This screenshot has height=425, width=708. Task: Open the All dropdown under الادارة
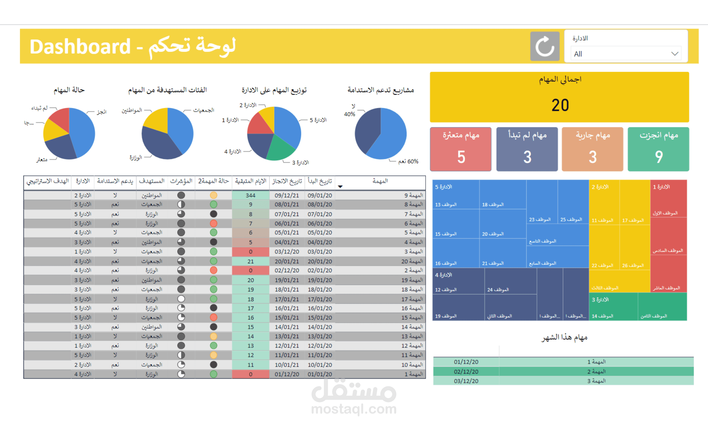[x=626, y=54]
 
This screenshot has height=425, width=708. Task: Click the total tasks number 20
[x=560, y=105]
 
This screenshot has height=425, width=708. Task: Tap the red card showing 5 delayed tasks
[x=460, y=149]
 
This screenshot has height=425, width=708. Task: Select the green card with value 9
[x=658, y=149]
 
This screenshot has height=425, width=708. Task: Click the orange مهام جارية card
[x=592, y=149]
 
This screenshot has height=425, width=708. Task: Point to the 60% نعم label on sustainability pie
[x=408, y=161]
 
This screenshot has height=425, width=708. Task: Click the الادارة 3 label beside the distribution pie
[x=300, y=163]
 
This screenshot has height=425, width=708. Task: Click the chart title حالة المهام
[x=69, y=90]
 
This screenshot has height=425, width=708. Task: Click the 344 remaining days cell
[x=250, y=195]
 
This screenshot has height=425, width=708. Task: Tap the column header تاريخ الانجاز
[x=287, y=181]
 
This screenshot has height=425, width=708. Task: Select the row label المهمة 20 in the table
[x=412, y=261]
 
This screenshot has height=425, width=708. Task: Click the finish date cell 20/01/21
[x=287, y=261]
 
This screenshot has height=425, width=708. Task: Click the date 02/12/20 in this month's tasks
[x=466, y=371]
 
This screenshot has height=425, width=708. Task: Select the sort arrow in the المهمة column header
[x=340, y=187]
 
